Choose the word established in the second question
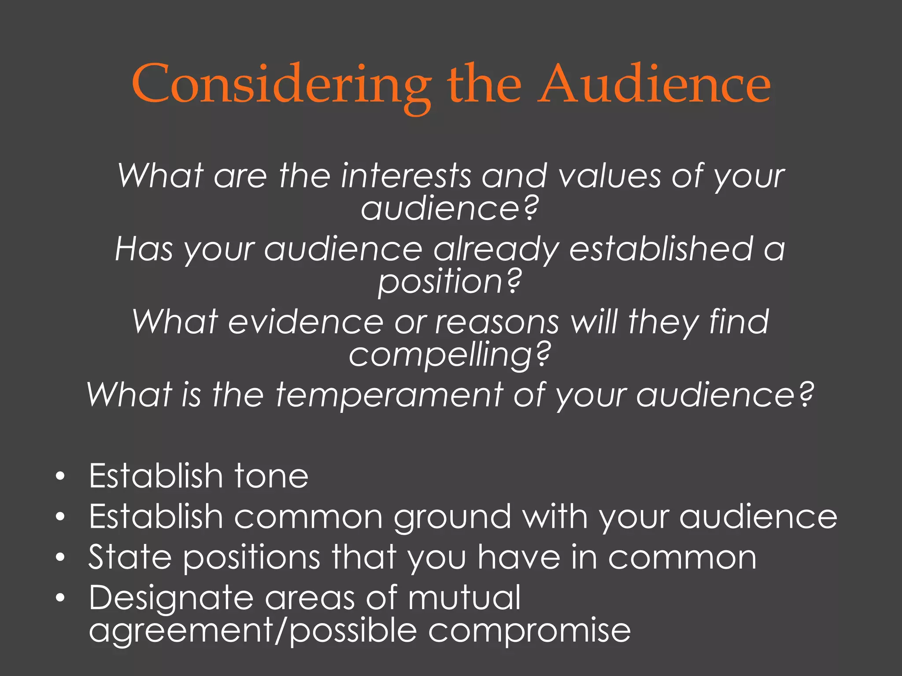(661, 249)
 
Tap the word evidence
(306, 322)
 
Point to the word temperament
(389, 395)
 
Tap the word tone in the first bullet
(271, 476)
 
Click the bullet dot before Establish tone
(60, 476)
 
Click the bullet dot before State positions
(60, 558)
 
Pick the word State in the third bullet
(129, 557)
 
